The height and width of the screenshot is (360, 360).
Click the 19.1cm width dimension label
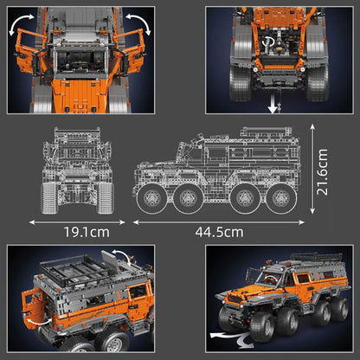[x=87, y=232]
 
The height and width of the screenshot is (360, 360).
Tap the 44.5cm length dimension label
[x=219, y=232]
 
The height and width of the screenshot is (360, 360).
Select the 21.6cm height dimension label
[x=322, y=172]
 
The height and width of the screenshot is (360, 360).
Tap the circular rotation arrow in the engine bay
[x=267, y=42]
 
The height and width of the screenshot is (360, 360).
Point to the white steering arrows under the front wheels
[x=231, y=338]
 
